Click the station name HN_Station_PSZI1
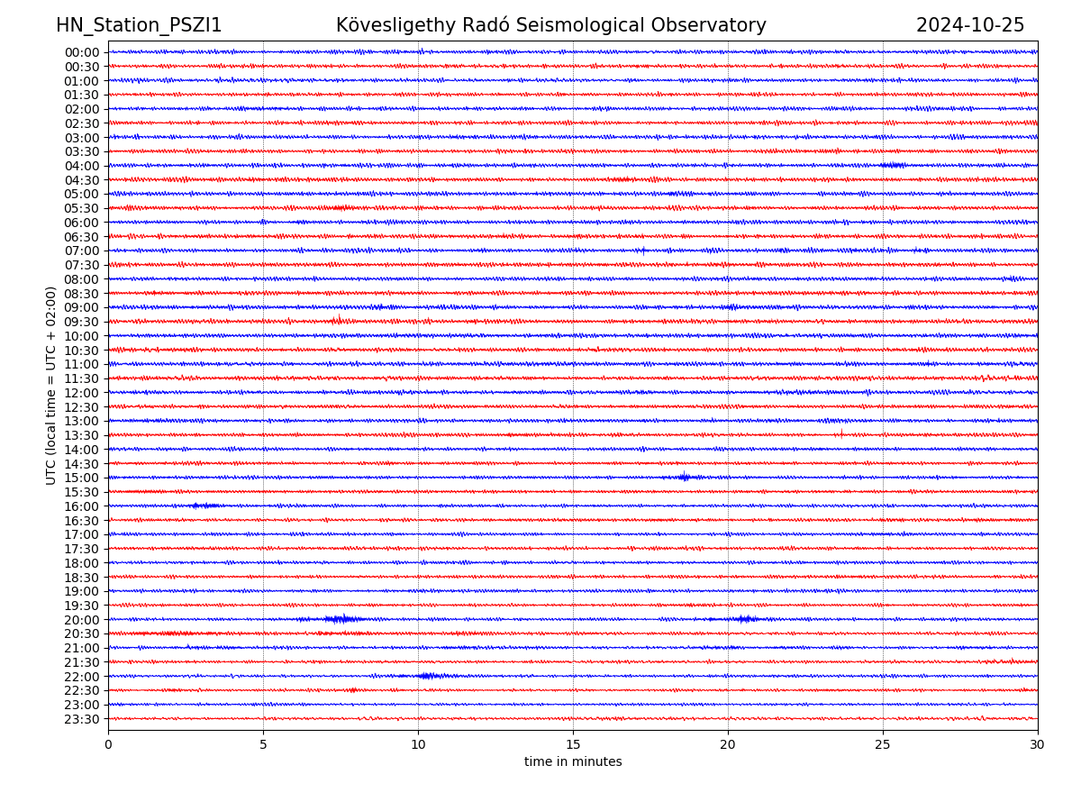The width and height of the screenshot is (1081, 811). click(x=139, y=25)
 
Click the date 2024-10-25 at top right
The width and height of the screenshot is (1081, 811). click(x=970, y=25)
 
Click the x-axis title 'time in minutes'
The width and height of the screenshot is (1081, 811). click(x=573, y=762)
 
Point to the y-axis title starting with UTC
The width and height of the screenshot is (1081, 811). click(x=51, y=386)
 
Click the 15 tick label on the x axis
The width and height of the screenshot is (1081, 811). click(x=573, y=745)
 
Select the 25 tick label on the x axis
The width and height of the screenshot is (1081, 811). click(x=883, y=745)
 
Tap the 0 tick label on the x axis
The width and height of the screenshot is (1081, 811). click(x=108, y=745)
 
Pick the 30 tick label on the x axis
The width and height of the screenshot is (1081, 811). click(x=1038, y=745)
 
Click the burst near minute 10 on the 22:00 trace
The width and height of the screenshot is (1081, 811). click(x=429, y=676)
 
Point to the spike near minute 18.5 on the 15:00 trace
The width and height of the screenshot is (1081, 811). click(x=684, y=477)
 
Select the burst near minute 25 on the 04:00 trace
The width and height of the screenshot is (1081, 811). click(x=893, y=165)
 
